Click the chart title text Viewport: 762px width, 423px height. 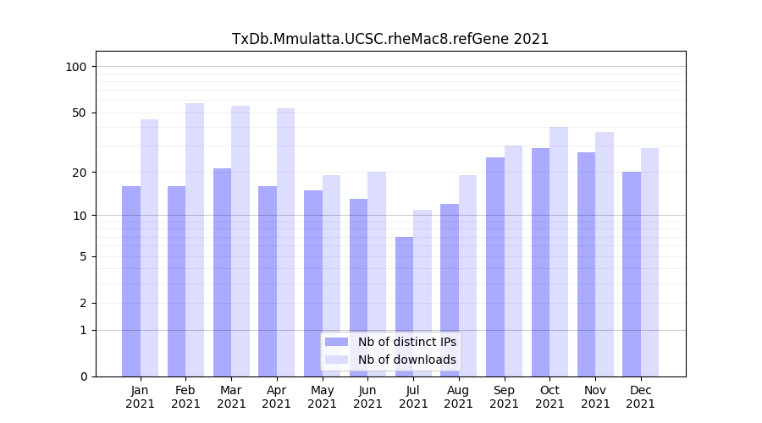pos(390,39)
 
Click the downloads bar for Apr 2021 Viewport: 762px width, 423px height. pos(285,242)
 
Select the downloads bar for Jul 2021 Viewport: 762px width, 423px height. pos(422,293)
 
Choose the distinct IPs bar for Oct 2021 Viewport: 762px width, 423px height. pos(540,262)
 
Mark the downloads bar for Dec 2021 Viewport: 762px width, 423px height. pos(649,262)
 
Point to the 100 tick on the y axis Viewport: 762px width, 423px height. pos(81,67)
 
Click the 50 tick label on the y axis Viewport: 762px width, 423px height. pos(81,113)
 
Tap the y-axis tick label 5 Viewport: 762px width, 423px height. pos(83,256)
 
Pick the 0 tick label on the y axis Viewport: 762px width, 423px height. pos(83,376)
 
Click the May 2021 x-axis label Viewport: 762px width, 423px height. pos(322,397)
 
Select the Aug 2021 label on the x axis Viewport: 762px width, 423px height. pos(458,397)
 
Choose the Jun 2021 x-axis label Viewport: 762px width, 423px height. pos(367,397)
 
